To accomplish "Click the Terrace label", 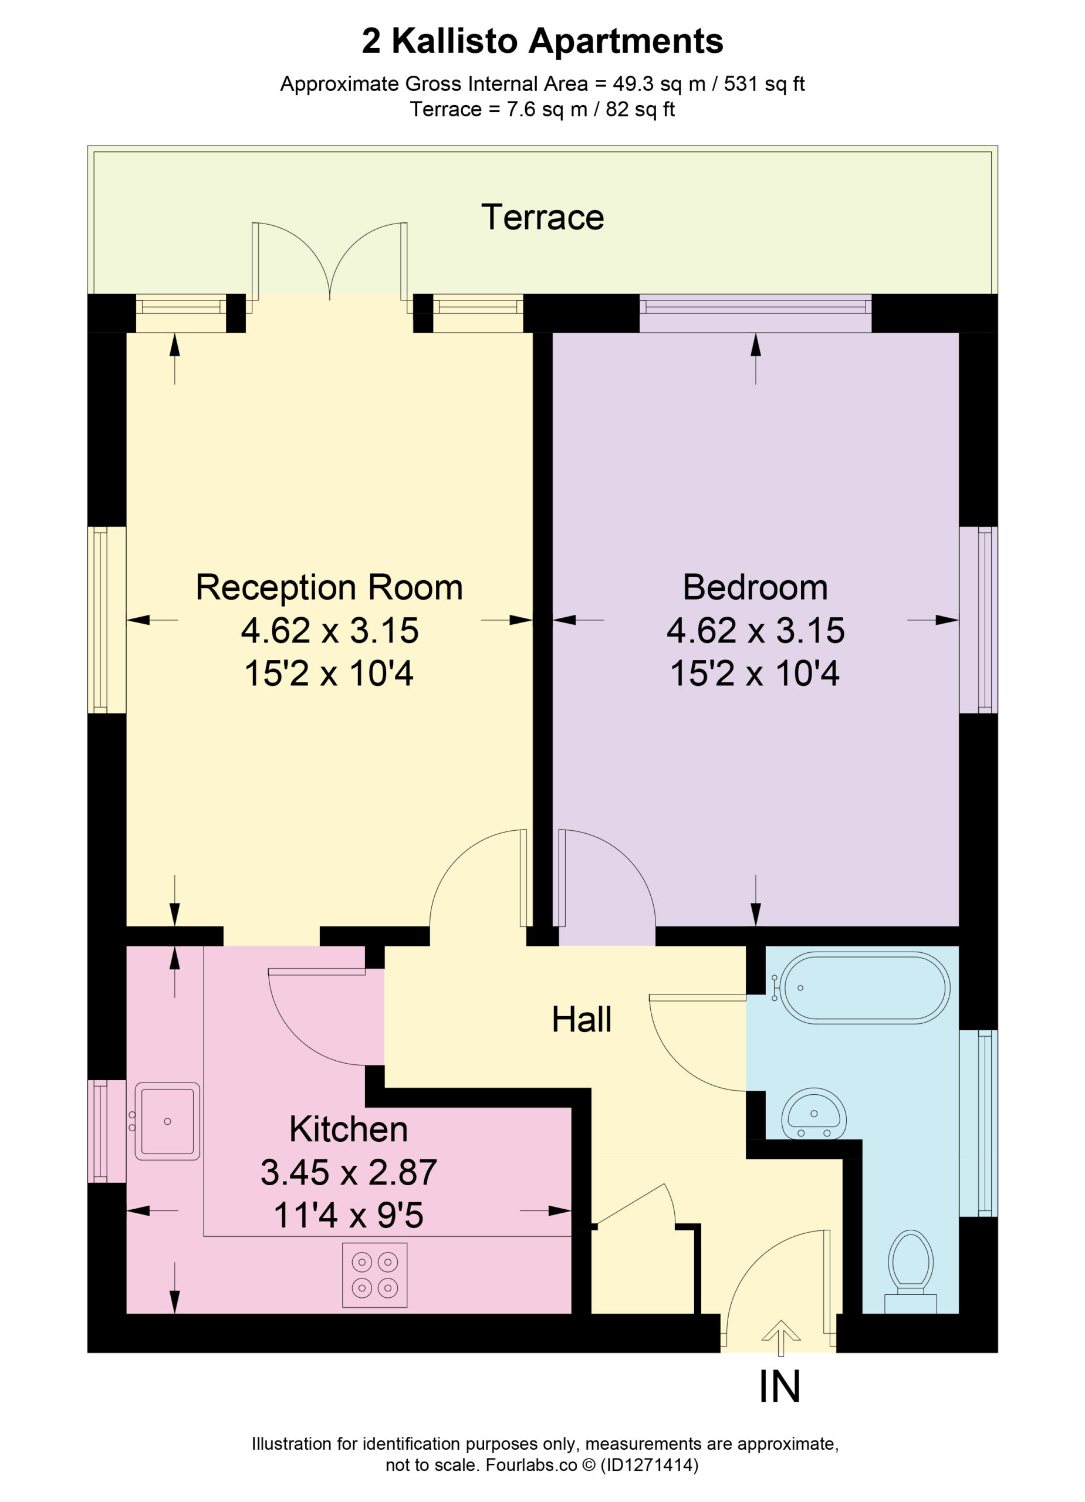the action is [542, 217].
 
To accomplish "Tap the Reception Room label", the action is [329, 587].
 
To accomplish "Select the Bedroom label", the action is [755, 587].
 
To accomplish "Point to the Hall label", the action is [582, 1019].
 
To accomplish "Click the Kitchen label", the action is [349, 1129].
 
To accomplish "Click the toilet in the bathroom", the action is [911, 1272].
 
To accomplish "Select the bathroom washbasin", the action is [814, 1113].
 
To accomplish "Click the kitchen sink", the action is [167, 1121].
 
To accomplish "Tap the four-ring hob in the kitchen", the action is [374, 1275].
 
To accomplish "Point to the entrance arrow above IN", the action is [781, 1338].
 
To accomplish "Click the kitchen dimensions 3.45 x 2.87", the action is [349, 1173].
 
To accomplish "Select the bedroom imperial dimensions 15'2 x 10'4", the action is [755, 674].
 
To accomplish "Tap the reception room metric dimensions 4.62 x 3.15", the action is [330, 631].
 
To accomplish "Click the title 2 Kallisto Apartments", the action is [542, 41].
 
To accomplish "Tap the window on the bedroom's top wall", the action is [755, 313].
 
